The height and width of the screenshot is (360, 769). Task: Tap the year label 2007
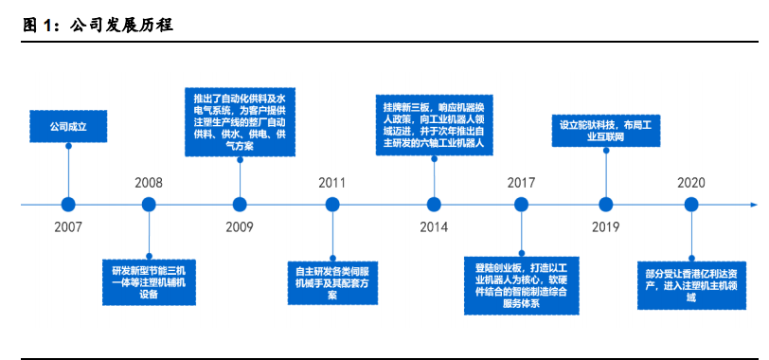(x=67, y=227)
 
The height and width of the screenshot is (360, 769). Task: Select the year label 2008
(x=149, y=182)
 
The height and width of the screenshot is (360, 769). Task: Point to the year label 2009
(x=240, y=227)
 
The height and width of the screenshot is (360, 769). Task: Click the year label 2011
(x=331, y=182)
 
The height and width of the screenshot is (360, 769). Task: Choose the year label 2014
(x=434, y=227)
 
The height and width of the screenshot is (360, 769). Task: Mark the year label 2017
(x=521, y=182)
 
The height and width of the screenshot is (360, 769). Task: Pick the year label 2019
(x=605, y=227)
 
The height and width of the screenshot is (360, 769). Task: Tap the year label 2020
(x=690, y=182)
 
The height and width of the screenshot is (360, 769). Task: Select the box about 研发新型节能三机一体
(x=149, y=279)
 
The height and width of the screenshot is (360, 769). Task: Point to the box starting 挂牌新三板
(x=434, y=123)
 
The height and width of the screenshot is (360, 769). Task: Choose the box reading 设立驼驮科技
(x=605, y=130)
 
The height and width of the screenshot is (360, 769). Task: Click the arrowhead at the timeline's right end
(x=753, y=204)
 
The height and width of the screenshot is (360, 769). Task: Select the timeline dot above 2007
(x=67, y=204)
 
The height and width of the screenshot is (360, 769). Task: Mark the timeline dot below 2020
(x=690, y=204)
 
